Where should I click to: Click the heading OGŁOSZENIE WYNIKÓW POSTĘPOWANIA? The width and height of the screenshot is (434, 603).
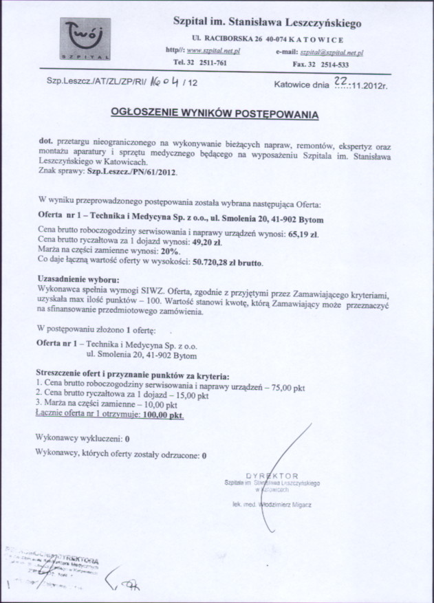pyautogui.click(x=215, y=113)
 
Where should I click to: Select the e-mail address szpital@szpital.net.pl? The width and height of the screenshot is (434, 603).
pyautogui.click(x=332, y=52)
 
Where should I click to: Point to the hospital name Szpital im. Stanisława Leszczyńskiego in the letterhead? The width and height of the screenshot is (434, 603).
pyautogui.click(x=268, y=23)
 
